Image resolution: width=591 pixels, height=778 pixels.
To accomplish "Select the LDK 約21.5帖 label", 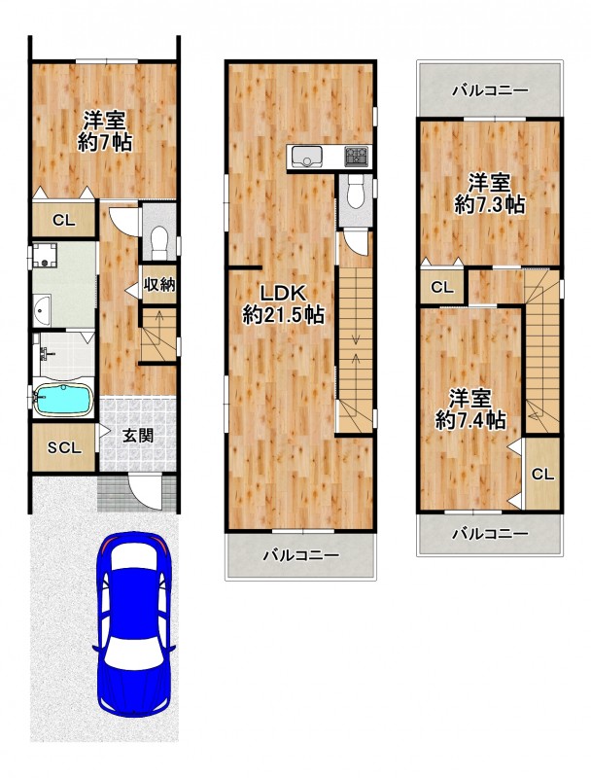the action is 284,304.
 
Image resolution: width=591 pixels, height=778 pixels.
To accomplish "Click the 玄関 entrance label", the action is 138,436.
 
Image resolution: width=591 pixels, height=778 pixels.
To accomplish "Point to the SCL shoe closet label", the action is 64,448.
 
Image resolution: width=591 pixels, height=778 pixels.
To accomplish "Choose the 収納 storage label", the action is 159,285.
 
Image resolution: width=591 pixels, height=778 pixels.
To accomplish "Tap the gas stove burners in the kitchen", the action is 357,157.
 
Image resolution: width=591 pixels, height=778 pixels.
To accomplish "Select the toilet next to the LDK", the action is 355,194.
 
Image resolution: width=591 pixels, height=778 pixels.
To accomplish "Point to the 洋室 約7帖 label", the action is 105,131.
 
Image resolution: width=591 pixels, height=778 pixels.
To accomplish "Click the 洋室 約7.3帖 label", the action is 490,194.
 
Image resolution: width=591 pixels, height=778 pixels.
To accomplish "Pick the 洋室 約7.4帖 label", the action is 470,409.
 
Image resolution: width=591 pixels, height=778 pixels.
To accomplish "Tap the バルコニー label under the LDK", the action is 301,554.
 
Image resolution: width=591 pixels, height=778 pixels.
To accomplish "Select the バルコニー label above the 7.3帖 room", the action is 491,90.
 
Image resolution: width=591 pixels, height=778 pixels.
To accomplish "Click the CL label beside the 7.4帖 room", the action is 543,475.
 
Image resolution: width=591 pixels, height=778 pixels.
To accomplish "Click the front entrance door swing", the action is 144,491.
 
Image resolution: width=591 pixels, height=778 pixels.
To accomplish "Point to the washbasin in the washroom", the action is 42,309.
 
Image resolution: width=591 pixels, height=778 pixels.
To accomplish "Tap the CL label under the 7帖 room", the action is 64,220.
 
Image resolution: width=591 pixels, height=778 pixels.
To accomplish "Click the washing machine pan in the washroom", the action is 46,256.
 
